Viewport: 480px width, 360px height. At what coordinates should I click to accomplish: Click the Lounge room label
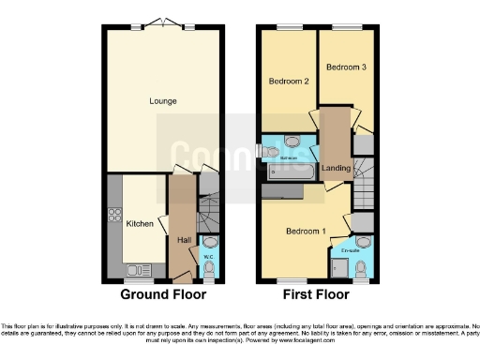tap(162, 100)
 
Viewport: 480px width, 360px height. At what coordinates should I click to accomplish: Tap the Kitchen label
tap(140, 224)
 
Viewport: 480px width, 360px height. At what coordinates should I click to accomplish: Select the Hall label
tap(184, 240)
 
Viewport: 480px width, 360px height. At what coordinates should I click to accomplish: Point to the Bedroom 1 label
tap(307, 231)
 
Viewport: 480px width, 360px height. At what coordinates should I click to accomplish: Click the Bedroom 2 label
tap(289, 81)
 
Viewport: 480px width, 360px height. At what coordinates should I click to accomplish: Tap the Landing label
tap(336, 169)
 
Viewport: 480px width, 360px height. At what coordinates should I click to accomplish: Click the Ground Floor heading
tap(162, 293)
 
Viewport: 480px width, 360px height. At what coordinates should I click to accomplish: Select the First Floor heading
tap(316, 293)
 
